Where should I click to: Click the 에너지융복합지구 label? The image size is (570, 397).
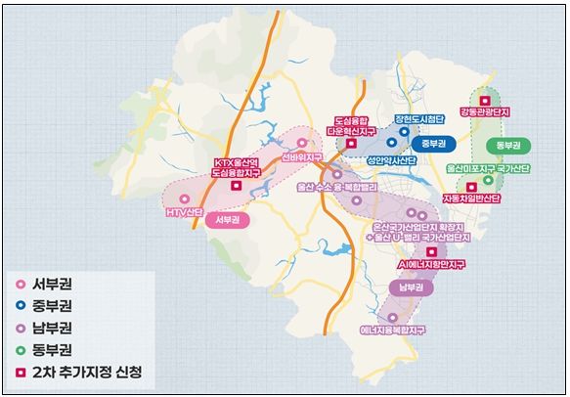point(394,331)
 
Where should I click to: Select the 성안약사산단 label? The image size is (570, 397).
point(391,155)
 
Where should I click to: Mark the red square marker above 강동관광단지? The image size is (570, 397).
point(483,98)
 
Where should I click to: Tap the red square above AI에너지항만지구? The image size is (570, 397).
point(431,251)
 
